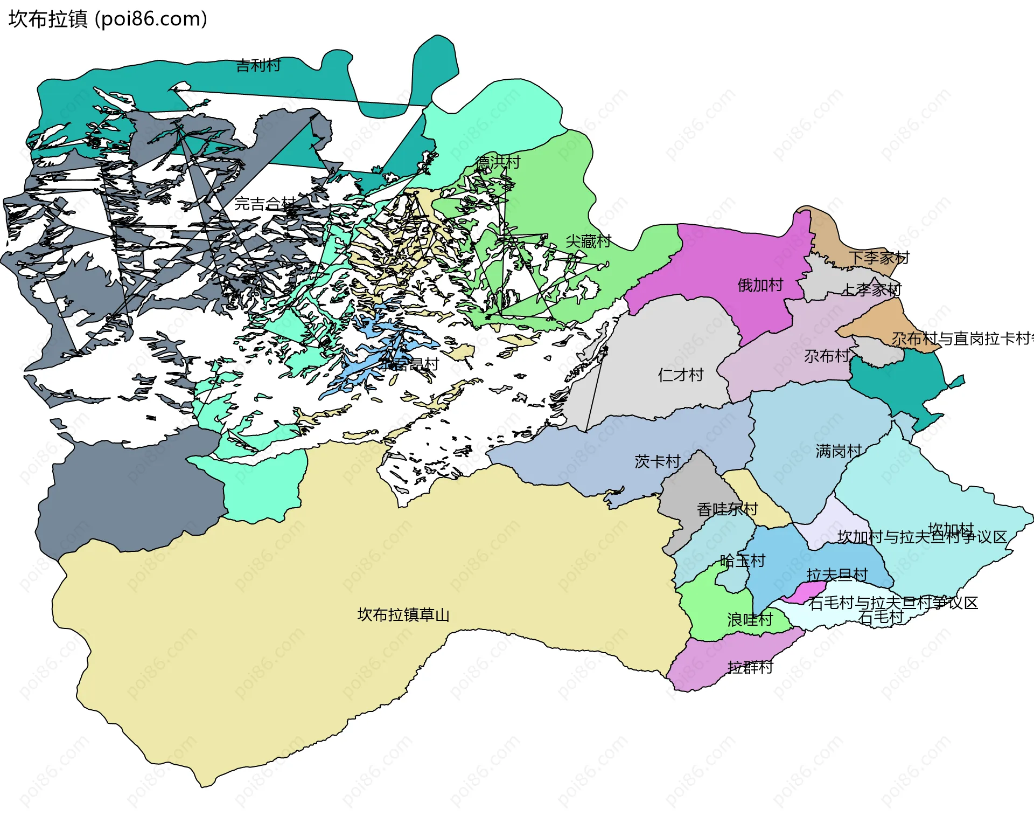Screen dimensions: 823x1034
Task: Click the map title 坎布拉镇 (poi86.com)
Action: pos(108,19)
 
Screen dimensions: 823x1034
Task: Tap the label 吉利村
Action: pos(258,66)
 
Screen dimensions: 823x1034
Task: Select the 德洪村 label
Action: pos(498,162)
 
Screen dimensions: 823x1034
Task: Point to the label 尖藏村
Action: pos(588,241)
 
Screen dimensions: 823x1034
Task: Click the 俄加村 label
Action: pos(760,285)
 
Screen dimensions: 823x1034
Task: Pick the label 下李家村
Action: pos(879,258)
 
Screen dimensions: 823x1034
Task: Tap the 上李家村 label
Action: pos(871,289)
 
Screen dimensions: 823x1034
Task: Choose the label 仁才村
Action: pos(681,375)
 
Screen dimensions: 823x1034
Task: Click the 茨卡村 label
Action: pos(657,461)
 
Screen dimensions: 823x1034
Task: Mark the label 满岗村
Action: pos(838,451)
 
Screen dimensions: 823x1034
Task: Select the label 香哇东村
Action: pos(727,509)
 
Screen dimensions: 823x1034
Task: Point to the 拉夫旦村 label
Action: pos(837,575)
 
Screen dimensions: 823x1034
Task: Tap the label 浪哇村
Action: pos(750,619)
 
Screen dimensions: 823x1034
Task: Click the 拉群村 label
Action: pos(750,667)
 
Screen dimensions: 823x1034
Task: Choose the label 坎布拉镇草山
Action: pos(403,614)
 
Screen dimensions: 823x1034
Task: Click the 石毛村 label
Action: pos(881,617)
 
